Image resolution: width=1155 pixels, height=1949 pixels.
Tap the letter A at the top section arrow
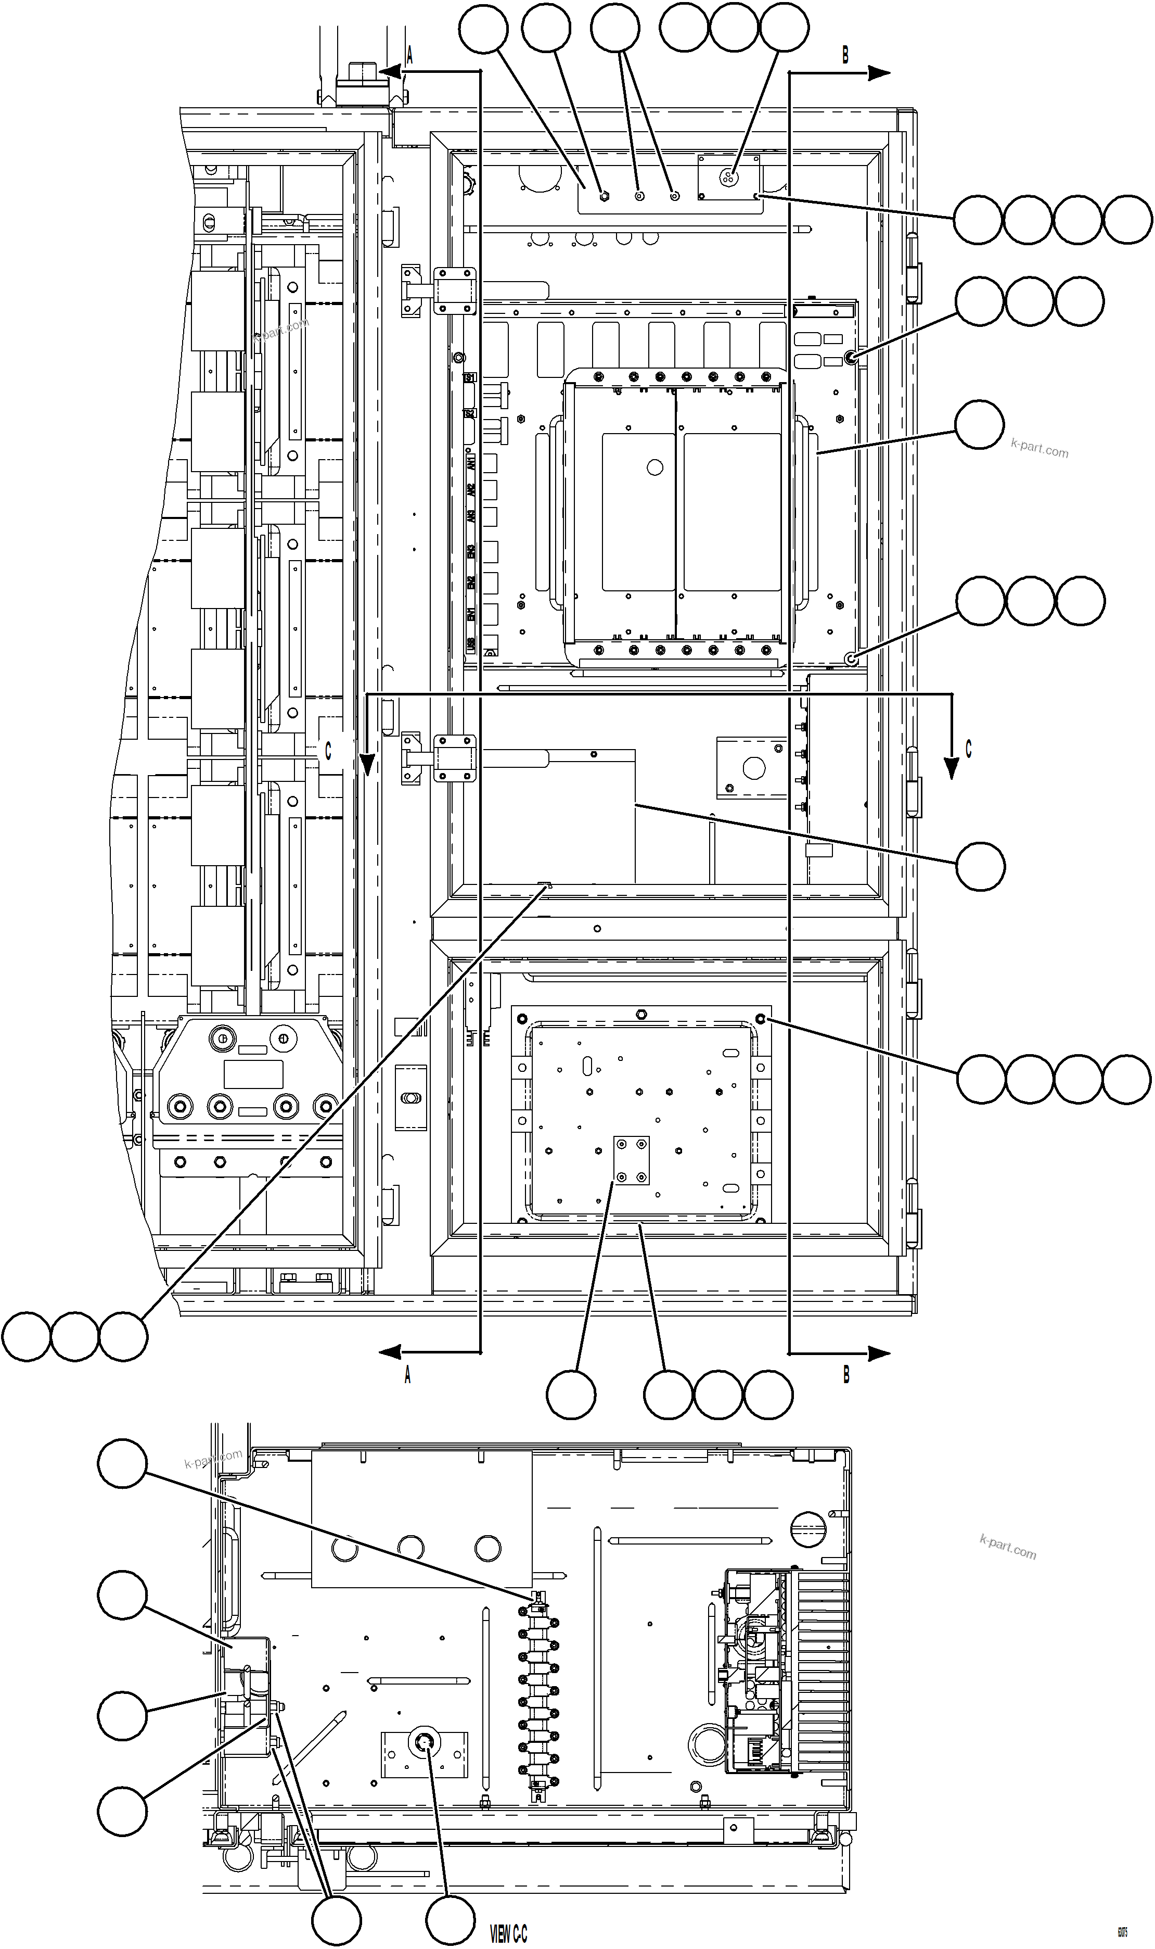click(x=408, y=55)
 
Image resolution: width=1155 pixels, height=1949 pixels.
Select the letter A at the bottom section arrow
click(x=407, y=1375)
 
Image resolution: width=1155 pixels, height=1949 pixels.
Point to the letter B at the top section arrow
click(x=845, y=55)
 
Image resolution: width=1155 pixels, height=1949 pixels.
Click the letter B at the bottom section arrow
click(x=846, y=1375)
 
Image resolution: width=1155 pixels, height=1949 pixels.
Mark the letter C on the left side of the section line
click(x=328, y=751)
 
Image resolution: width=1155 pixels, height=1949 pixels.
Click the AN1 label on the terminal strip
click(x=470, y=463)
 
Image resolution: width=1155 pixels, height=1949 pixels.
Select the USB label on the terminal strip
click(x=470, y=646)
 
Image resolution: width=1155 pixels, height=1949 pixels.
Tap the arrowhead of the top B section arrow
click(x=879, y=73)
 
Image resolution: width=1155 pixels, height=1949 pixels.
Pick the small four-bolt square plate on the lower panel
click(x=631, y=1160)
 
